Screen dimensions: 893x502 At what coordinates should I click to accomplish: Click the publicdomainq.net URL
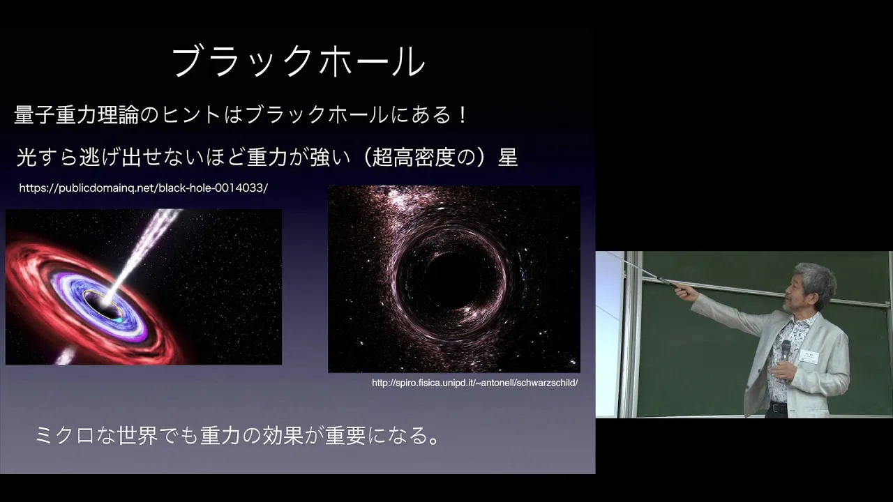click(x=144, y=188)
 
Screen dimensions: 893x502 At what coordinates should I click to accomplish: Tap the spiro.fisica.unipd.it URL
click(x=475, y=383)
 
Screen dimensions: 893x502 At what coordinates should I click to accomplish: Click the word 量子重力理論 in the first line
click(x=76, y=115)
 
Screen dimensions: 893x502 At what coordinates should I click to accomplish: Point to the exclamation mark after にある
click(x=463, y=115)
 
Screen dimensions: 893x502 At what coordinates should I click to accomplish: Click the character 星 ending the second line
click(x=508, y=157)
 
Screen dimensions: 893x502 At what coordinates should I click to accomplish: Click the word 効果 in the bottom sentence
click(x=283, y=435)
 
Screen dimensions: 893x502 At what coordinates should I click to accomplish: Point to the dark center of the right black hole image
click(x=453, y=280)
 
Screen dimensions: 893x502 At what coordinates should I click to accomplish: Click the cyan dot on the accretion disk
click(x=119, y=320)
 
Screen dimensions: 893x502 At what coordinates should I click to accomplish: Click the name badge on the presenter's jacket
click(x=809, y=358)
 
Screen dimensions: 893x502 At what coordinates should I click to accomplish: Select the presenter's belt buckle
click(x=775, y=408)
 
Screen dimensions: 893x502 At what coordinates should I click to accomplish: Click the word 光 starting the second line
click(x=27, y=157)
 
